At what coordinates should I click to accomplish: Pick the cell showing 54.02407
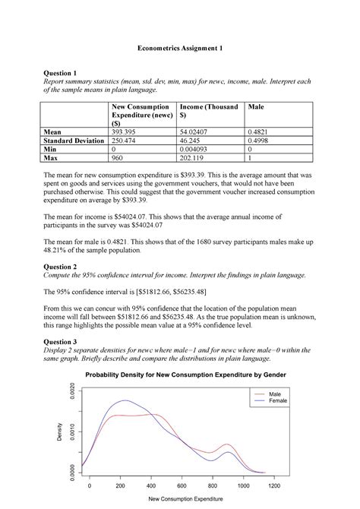196,131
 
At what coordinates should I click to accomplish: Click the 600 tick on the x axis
182,485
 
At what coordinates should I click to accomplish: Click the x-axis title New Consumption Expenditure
182,499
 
